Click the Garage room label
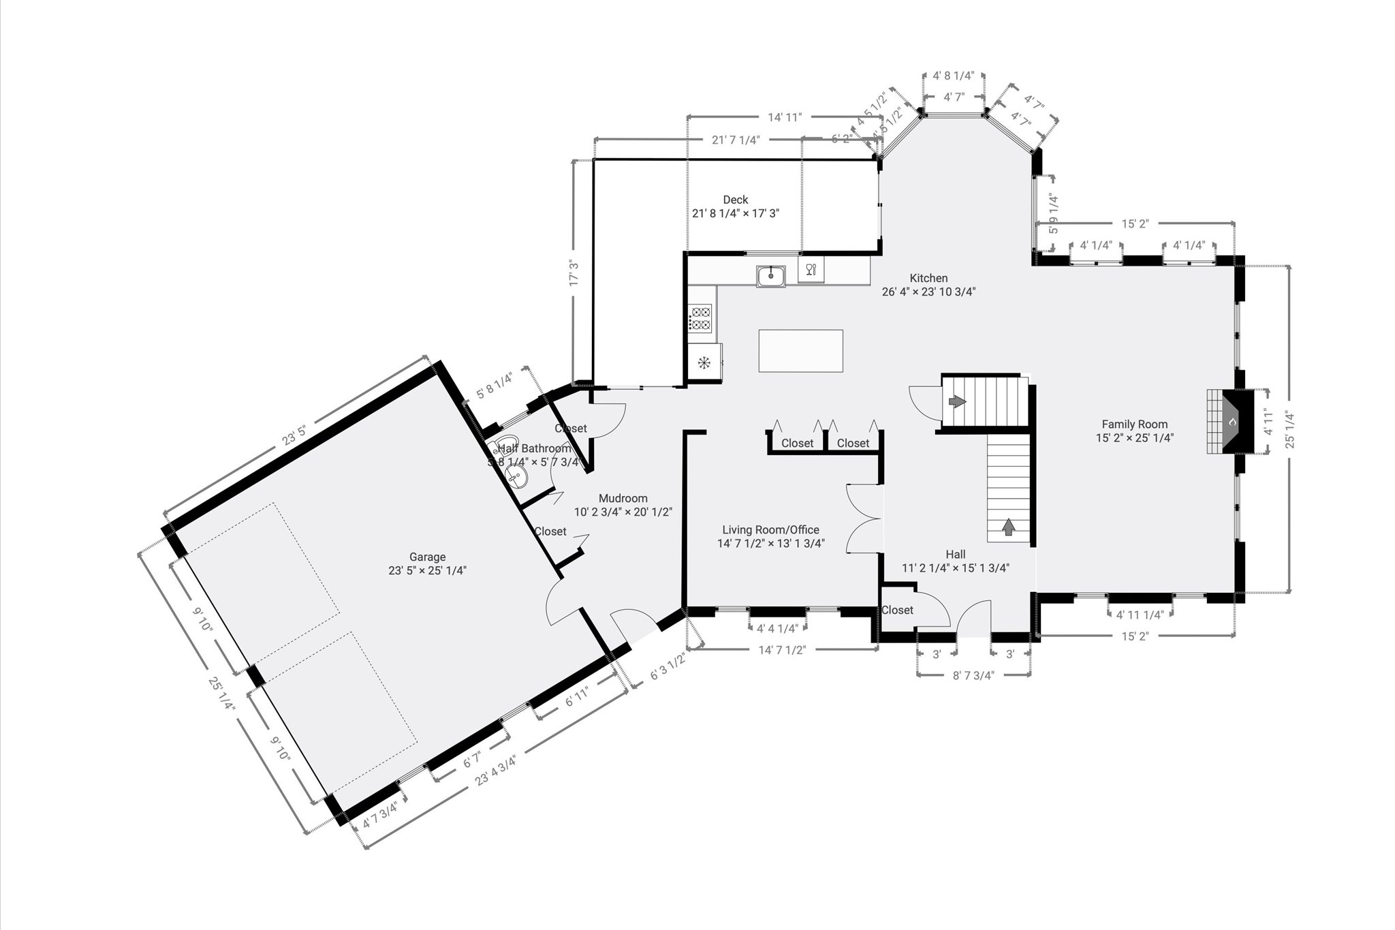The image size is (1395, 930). [427, 557]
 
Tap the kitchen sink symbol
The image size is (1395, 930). [770, 276]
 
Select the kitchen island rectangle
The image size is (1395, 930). [800, 351]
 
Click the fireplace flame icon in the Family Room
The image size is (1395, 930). [1232, 422]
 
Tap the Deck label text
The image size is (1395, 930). [735, 200]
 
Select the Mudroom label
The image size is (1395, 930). [623, 498]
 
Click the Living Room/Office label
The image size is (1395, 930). [770, 529]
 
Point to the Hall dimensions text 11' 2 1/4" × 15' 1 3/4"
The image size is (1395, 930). [955, 568]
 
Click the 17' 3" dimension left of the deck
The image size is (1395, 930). [574, 273]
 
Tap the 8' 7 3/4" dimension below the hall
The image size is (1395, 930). [973, 675]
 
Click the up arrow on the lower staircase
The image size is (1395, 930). [1008, 526]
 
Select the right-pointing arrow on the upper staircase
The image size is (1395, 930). [958, 402]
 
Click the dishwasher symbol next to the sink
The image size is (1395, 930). [811, 270]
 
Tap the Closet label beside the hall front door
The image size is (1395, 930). [897, 610]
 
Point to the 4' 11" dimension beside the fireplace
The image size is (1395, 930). [1268, 422]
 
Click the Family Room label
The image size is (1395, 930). [1134, 424]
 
